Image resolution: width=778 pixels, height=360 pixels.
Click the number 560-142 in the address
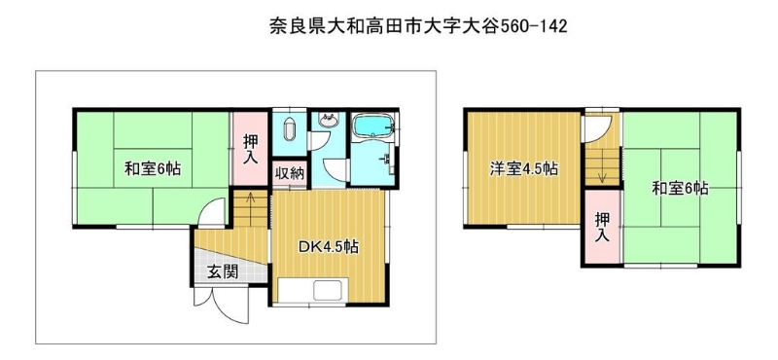pos(533,26)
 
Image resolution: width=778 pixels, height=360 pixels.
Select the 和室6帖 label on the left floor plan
pos(153,169)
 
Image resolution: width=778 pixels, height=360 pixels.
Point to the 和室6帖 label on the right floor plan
pos(680,189)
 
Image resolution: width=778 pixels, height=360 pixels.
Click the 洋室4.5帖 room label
pos(524,169)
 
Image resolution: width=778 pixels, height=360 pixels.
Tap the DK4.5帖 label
pos(329,247)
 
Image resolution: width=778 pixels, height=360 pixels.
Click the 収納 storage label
pos(290,175)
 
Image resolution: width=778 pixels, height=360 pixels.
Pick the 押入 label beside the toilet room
pos(250,149)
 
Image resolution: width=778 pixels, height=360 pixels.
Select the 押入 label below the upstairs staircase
pos(602,227)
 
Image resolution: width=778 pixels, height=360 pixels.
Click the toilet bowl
pos(289,131)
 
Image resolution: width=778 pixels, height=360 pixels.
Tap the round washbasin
pos(328,121)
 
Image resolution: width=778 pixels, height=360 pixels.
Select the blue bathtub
pos(372,126)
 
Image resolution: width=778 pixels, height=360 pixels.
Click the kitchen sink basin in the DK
pos(327,290)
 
